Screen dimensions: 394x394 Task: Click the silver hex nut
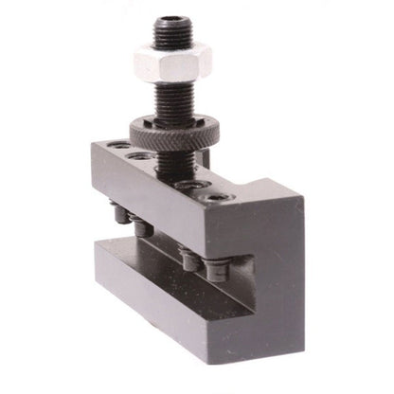pyautogui.click(x=172, y=63)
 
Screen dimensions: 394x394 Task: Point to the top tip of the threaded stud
pyautogui.click(x=170, y=20)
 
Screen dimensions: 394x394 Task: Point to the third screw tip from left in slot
pyautogui.click(x=189, y=256)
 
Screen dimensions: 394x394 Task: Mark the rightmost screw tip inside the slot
pyautogui.click(x=216, y=271)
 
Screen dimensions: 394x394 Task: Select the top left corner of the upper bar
pyautogui.click(x=92, y=142)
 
